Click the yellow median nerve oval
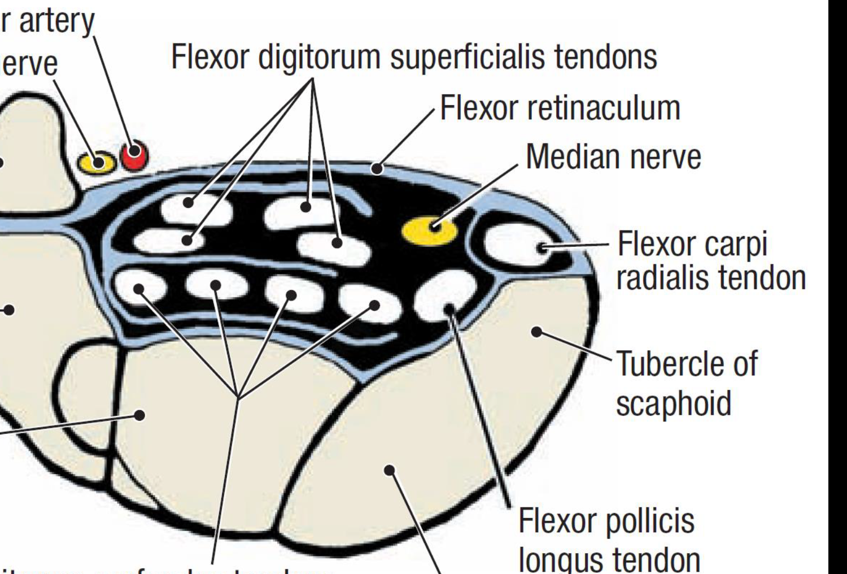pos(429,231)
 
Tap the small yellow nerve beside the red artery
pos(97,163)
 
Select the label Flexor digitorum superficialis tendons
pos(414,56)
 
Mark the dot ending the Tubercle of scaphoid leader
pos(537,331)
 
